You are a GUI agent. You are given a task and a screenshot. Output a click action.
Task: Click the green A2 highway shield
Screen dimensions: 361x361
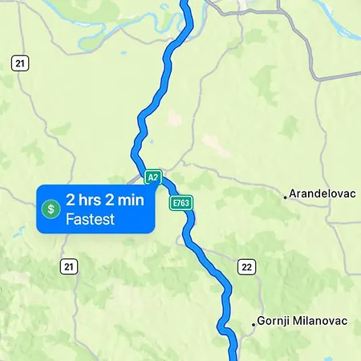[152, 176]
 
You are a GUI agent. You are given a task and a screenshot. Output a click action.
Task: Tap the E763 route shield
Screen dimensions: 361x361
[180, 204]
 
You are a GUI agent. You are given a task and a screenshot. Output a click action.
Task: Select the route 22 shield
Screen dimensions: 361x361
[245, 267]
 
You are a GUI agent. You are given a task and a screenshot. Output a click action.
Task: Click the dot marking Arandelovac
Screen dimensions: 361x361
[285, 195]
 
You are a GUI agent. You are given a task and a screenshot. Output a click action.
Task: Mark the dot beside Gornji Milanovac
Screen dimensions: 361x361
[254, 323]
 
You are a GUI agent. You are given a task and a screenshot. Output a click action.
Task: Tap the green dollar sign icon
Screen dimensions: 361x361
[51, 209]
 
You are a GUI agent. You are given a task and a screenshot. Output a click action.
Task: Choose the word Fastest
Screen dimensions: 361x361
[90, 218]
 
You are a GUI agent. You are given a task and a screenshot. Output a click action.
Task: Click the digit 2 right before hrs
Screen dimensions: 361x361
[71, 201]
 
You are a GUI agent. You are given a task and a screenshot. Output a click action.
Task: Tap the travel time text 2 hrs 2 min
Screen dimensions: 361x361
[105, 201]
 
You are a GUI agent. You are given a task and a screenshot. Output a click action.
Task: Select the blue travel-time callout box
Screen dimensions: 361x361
[96, 209]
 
